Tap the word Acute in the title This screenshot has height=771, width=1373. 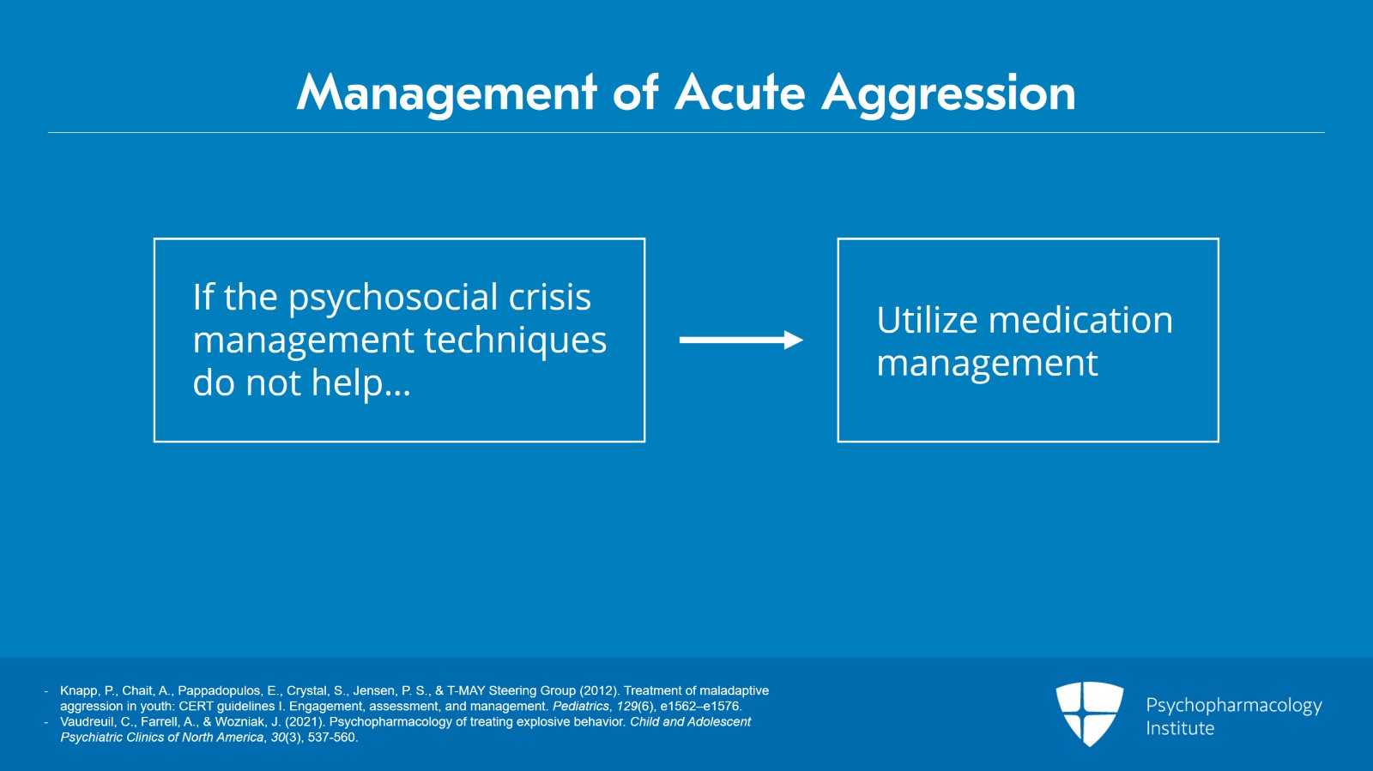[740, 93]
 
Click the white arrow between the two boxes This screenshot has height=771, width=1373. [741, 340]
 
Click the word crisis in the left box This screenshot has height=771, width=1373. [549, 297]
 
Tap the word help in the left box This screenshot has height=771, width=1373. [347, 383]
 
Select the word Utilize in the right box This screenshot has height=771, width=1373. [927, 320]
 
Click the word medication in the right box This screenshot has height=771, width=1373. [1080, 320]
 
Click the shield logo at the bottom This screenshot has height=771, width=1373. [1089, 713]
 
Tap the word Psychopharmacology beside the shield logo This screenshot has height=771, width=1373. [1233, 706]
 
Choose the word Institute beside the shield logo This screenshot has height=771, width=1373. [1180, 728]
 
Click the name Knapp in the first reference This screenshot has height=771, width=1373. [78, 690]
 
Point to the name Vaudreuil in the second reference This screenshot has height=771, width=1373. [88, 721]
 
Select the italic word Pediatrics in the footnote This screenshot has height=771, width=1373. [580, 706]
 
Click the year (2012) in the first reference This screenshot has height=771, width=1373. [599, 690]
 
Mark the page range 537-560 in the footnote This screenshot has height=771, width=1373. [331, 737]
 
